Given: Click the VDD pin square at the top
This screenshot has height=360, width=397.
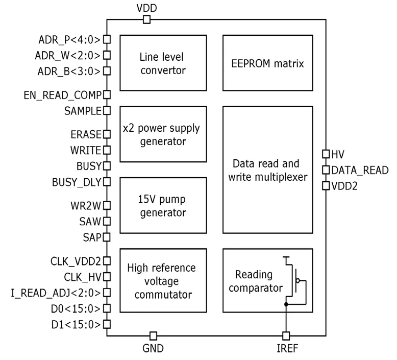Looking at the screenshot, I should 146,19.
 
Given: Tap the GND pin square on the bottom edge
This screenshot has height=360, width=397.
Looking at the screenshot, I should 153,335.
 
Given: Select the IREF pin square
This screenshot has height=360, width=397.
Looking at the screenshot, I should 286,335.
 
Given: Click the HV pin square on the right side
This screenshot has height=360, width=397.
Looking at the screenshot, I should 326,154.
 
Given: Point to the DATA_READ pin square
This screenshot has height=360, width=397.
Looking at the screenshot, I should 326,170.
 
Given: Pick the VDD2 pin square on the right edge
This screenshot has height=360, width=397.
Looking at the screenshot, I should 326,186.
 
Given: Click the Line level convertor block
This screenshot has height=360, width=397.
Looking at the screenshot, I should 163,63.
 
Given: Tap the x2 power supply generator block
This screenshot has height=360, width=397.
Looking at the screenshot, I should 163,134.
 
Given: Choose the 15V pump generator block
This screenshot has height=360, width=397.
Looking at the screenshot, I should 163,205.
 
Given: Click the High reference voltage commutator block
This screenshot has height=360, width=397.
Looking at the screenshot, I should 163,281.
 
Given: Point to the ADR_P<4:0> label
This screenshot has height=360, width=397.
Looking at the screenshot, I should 70,39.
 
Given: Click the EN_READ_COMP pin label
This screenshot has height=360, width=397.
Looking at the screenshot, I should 63,94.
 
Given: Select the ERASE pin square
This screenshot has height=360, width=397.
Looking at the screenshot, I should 107,134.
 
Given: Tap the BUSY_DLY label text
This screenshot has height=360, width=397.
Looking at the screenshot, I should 76,182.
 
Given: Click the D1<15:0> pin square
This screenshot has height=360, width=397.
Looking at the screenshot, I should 107,324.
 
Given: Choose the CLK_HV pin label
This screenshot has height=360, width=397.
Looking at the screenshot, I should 82,277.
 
